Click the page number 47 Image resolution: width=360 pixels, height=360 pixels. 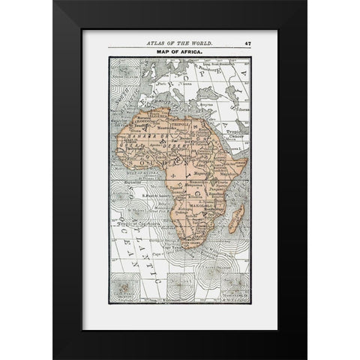pyautogui.click(x=247, y=44)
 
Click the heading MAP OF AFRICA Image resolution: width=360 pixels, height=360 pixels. pyautogui.click(x=179, y=52)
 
